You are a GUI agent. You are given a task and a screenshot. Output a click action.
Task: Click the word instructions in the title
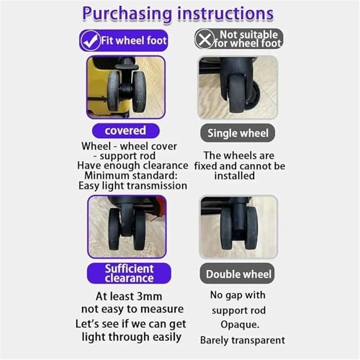click(x=229, y=13)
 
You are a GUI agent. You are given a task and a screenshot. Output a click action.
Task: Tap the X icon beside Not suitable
click(x=205, y=39)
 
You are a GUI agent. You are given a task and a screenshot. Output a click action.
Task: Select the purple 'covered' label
click(x=125, y=131)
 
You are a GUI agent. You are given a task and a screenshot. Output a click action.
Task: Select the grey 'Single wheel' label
click(x=238, y=133)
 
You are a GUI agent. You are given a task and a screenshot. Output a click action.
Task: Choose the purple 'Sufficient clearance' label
click(x=130, y=273)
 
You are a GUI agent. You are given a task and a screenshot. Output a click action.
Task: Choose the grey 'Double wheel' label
click(x=238, y=274)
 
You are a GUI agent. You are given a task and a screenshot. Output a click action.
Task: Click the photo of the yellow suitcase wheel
click(x=126, y=87)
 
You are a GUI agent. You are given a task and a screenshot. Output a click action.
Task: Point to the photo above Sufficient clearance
click(x=127, y=226)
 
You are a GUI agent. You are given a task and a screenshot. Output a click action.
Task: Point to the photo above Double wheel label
click(x=238, y=226)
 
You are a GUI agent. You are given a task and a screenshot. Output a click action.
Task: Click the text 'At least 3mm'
click(x=129, y=295)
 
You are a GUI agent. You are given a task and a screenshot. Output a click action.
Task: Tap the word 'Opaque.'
click(x=238, y=325)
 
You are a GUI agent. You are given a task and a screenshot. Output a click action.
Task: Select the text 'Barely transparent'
click(x=238, y=340)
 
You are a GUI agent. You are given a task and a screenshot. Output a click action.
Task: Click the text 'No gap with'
click(x=238, y=294)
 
